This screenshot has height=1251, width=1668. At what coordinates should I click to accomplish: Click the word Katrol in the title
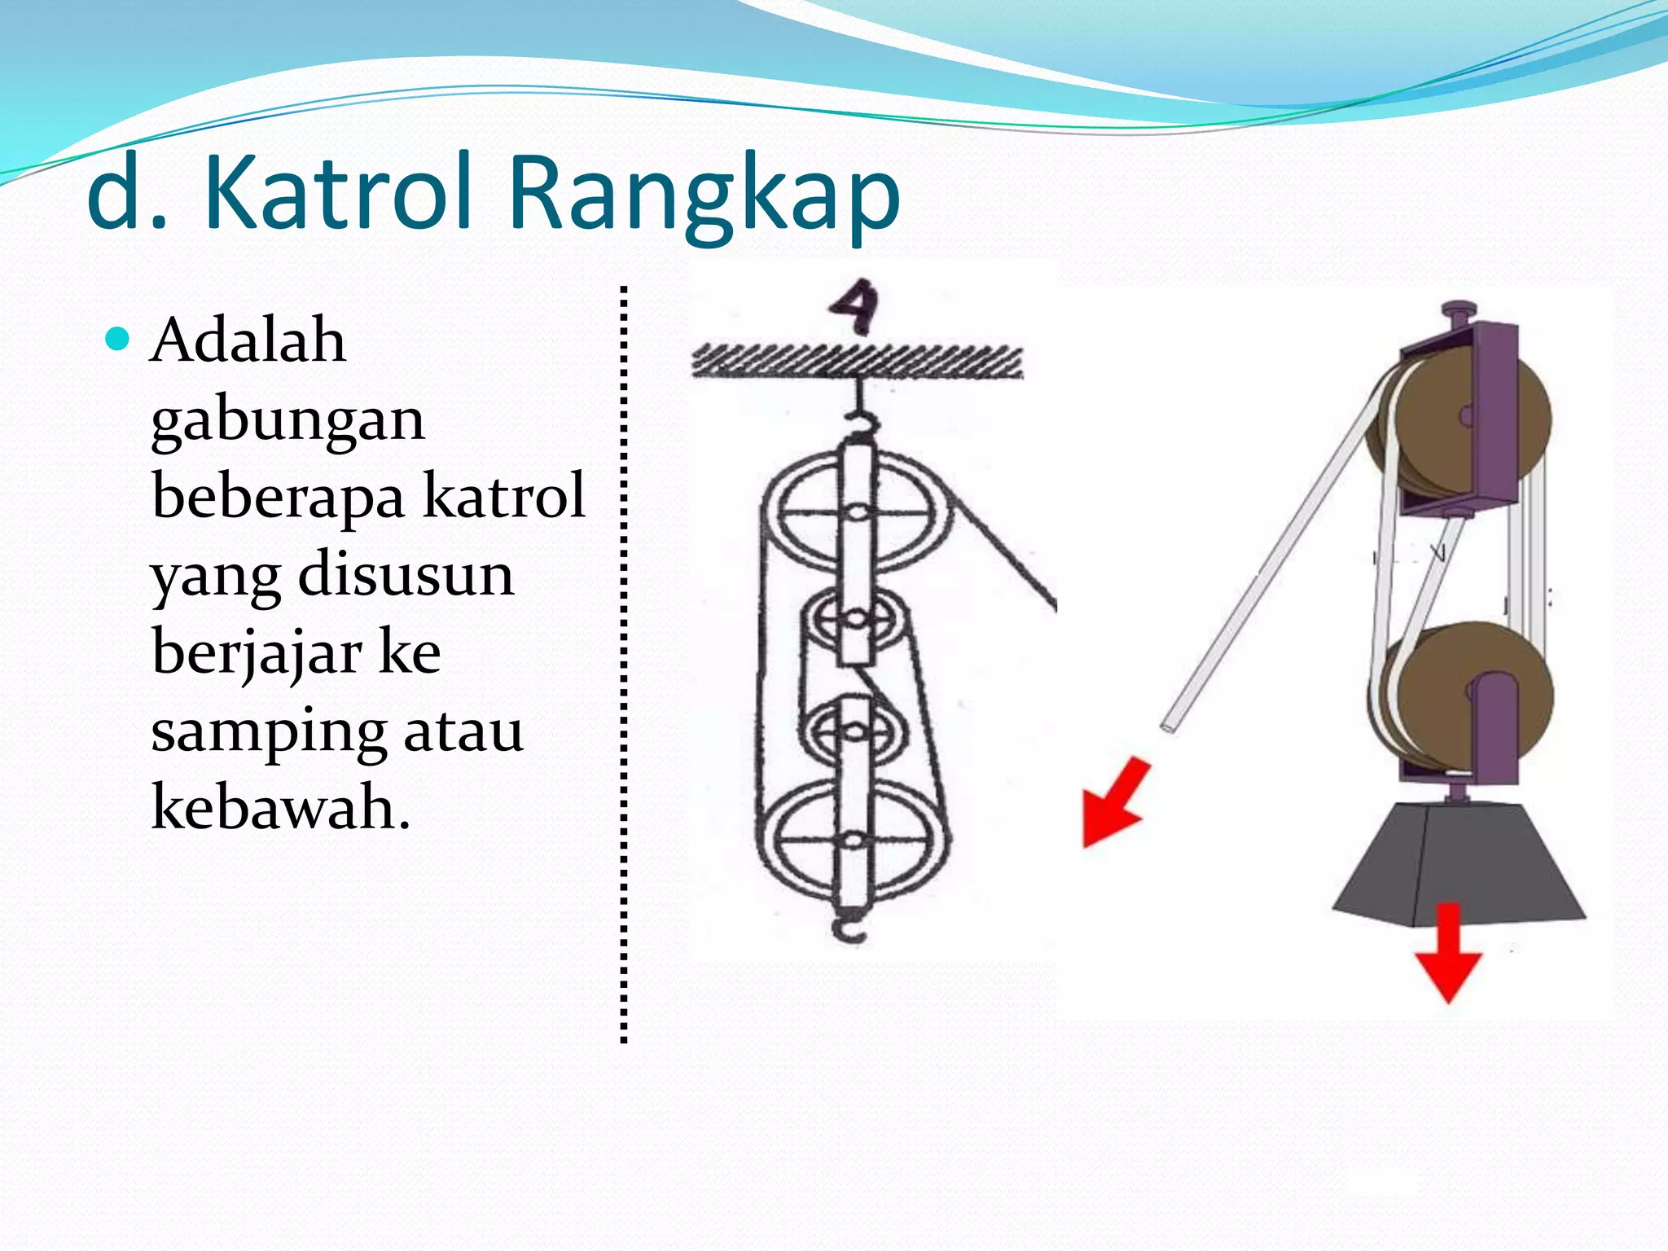tap(337, 194)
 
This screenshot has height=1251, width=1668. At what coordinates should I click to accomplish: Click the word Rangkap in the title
tap(704, 195)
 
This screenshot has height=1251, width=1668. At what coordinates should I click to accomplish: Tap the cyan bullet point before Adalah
tap(118, 338)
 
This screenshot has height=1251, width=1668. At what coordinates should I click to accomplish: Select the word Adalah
tap(248, 340)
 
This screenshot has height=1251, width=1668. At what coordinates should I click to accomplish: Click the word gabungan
tap(288, 421)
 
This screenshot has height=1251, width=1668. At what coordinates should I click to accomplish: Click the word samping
tap(268, 731)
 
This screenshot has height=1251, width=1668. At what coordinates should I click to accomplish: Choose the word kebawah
tap(280, 806)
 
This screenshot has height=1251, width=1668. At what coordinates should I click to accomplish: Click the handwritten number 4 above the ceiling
tap(854, 306)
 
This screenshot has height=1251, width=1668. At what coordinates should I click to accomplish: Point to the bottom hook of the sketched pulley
tap(849, 928)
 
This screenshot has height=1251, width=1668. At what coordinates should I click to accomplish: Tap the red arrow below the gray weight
tap(1447, 953)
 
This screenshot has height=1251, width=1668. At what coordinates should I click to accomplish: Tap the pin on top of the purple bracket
tap(1457, 313)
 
